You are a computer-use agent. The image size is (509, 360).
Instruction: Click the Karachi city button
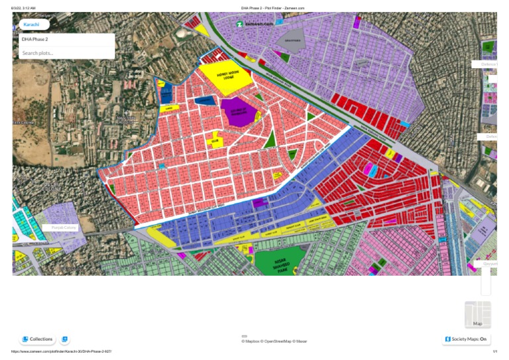click(31, 25)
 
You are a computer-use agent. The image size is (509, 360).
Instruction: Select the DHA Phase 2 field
click(66, 40)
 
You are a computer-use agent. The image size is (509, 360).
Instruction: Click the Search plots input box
click(66, 53)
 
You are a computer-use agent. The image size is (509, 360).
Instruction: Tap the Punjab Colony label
click(64, 227)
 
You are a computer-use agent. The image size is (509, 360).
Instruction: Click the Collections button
click(37, 339)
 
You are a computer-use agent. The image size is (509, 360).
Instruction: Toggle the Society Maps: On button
click(467, 339)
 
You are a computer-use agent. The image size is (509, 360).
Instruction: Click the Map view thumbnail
click(478, 314)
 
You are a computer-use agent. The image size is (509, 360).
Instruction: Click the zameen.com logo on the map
click(255, 24)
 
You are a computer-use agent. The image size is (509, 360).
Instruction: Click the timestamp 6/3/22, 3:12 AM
click(23, 8)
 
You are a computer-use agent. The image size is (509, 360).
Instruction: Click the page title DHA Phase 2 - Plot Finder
click(272, 8)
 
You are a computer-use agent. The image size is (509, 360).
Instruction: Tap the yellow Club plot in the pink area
click(215, 141)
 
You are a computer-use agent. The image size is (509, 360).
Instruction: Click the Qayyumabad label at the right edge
click(489, 263)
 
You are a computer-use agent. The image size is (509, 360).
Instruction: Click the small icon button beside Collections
click(64, 339)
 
